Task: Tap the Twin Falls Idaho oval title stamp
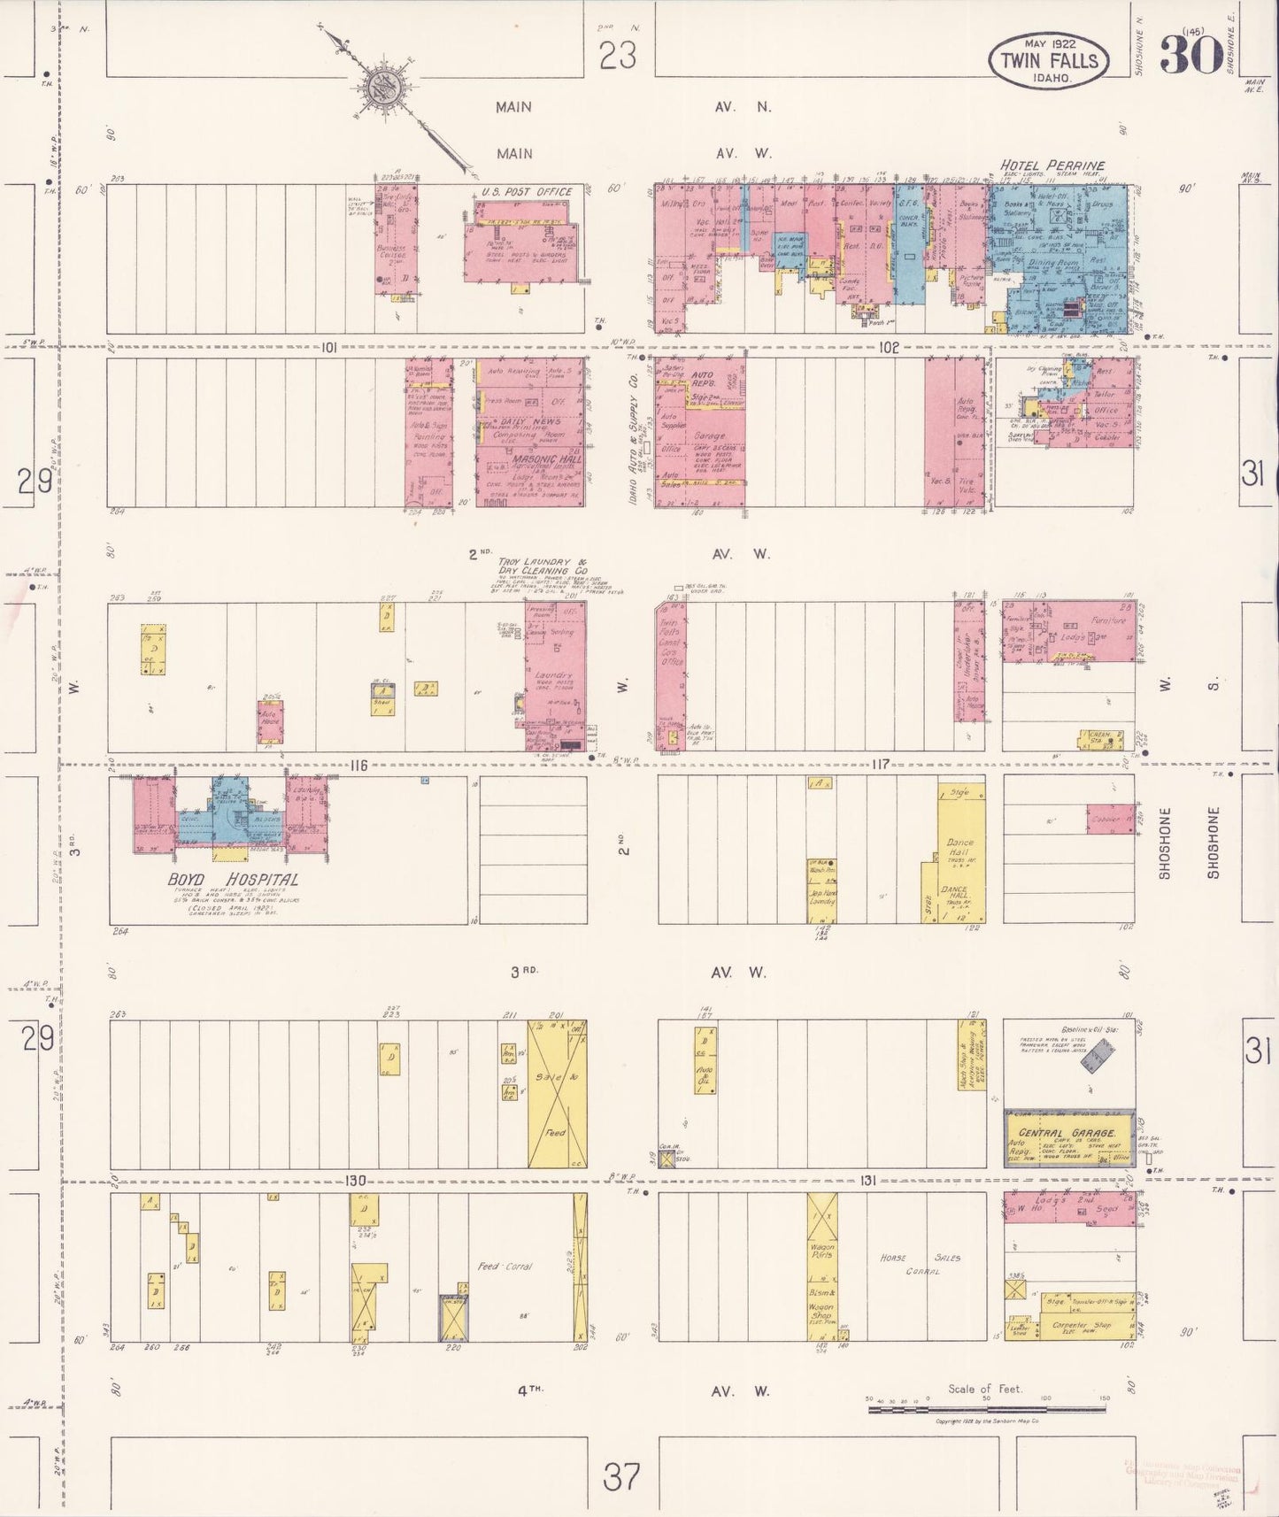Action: point(1048,61)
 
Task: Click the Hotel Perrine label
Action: point(1052,166)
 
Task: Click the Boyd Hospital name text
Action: point(233,880)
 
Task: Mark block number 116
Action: point(358,765)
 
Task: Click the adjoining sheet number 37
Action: point(621,1475)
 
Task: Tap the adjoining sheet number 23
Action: point(617,57)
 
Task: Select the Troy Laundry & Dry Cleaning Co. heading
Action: point(543,566)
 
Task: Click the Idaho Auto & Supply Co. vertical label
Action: point(634,439)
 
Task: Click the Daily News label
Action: point(530,422)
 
